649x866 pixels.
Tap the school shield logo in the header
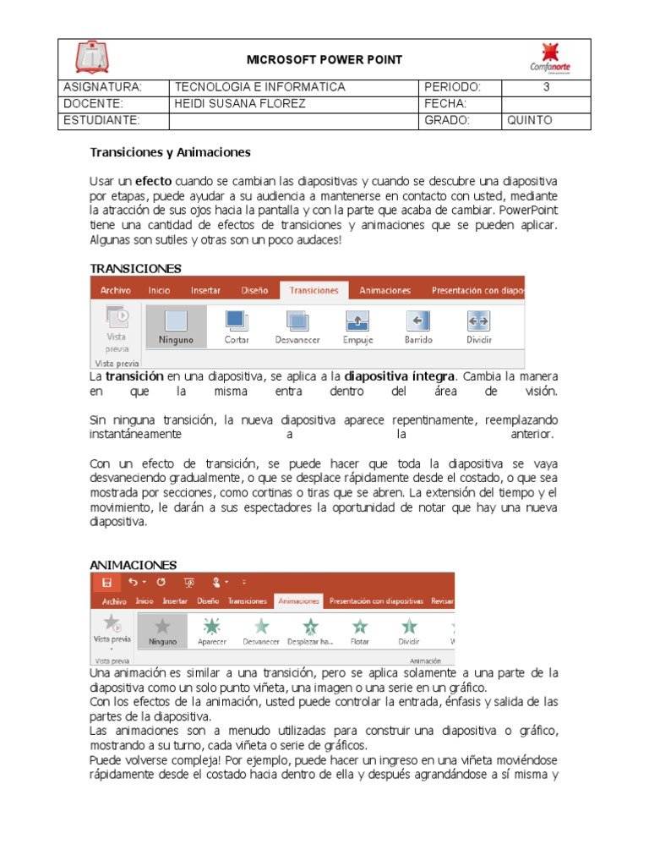[x=92, y=58]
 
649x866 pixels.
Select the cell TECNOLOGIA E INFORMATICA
[x=259, y=87]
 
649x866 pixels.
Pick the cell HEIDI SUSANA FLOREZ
[x=239, y=103]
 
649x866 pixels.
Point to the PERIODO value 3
[x=546, y=87]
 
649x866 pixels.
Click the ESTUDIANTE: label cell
[x=102, y=120]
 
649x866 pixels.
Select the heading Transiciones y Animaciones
[x=171, y=152]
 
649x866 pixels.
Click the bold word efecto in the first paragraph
[x=154, y=181]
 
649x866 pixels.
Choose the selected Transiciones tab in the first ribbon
[x=314, y=290]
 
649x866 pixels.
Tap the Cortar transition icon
[x=237, y=321]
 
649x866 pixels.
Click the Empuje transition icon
[x=357, y=321]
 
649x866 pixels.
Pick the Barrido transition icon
[x=418, y=321]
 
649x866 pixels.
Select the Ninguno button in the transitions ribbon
[x=176, y=326]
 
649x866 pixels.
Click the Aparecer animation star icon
[x=212, y=626]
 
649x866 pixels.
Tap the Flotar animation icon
[x=360, y=626]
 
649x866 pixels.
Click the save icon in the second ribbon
[x=106, y=583]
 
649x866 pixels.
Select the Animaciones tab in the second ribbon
[x=299, y=601]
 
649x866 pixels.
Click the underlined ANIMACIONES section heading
[x=133, y=565]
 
